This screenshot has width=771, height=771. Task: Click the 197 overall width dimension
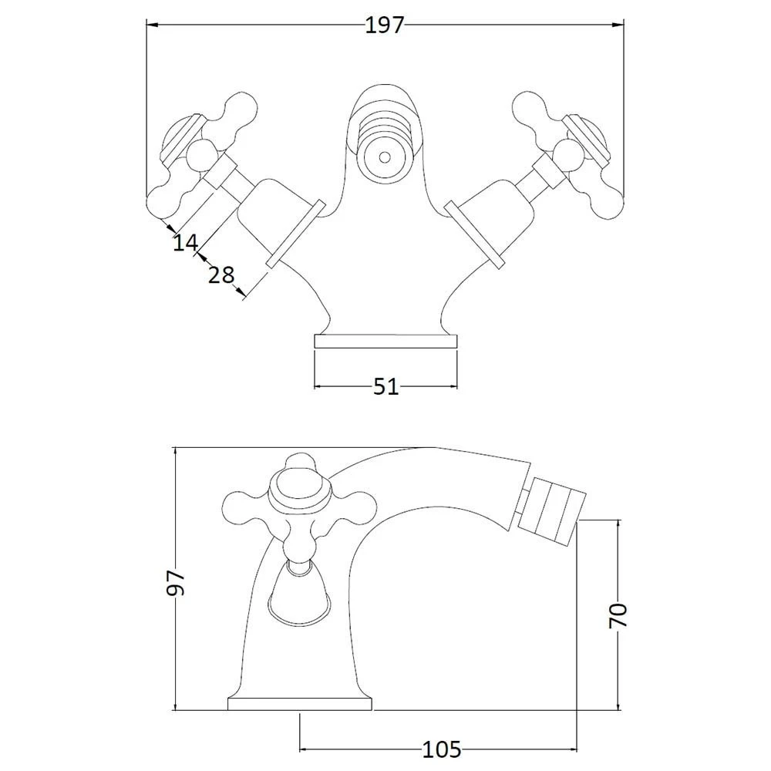click(x=384, y=25)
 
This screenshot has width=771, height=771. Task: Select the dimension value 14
click(x=184, y=243)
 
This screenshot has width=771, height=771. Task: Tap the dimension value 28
click(x=221, y=274)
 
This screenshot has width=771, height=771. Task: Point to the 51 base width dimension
click(x=385, y=386)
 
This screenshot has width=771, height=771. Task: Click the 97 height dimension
click(x=177, y=582)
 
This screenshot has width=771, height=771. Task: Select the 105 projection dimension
click(x=442, y=749)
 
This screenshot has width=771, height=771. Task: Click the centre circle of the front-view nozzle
click(x=383, y=157)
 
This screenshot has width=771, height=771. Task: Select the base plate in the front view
click(x=385, y=342)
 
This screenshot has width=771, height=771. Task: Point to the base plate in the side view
click(x=300, y=704)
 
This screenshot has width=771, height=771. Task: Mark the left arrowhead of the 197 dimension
click(x=151, y=25)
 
